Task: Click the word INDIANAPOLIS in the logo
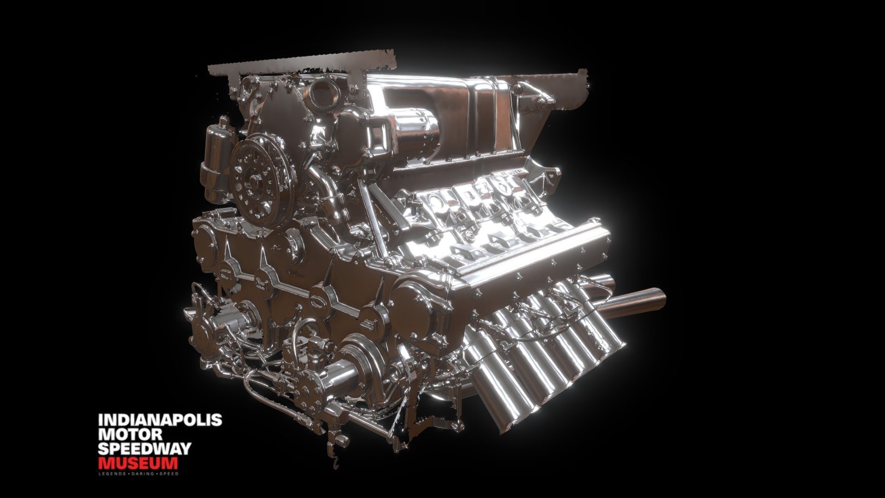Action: click(160, 420)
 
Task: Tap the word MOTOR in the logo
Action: click(130, 434)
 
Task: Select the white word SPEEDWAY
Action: click(144, 449)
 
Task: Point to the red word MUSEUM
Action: click(138, 463)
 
